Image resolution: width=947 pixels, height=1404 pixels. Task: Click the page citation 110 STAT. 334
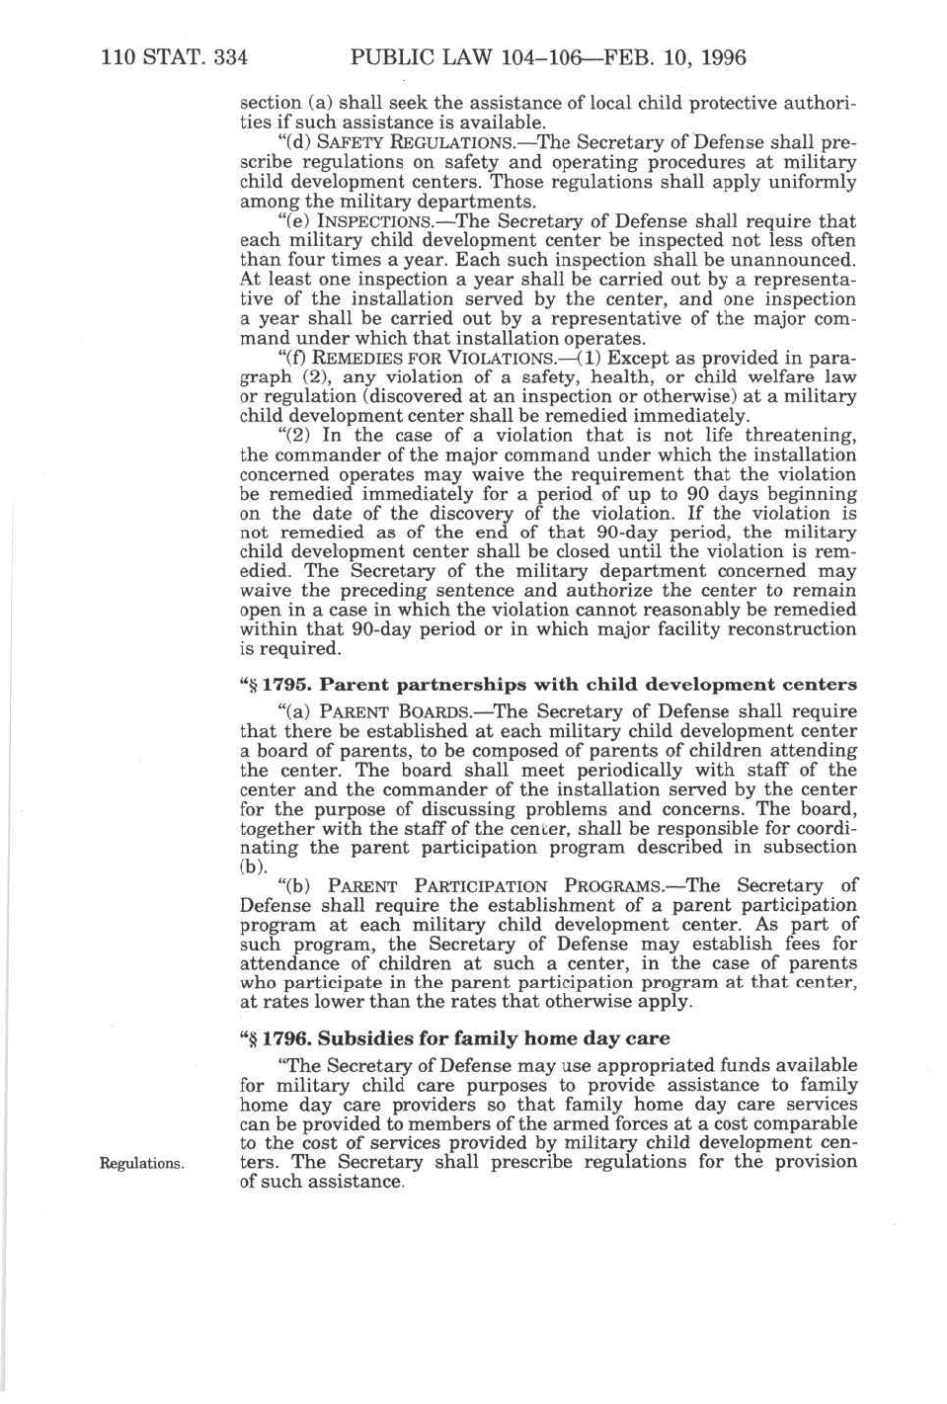point(174,57)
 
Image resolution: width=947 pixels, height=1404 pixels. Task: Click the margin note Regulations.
point(142,1163)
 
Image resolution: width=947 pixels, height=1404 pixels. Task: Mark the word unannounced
point(801,261)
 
